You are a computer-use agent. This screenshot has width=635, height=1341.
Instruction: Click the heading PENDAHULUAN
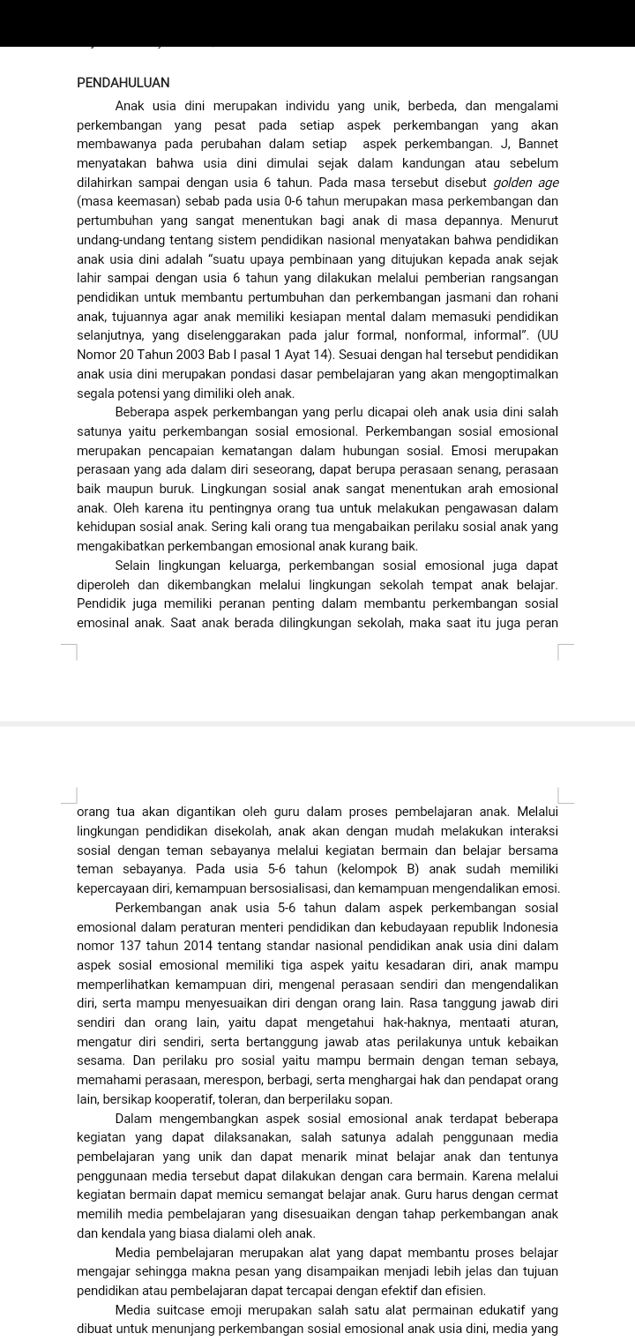(123, 82)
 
